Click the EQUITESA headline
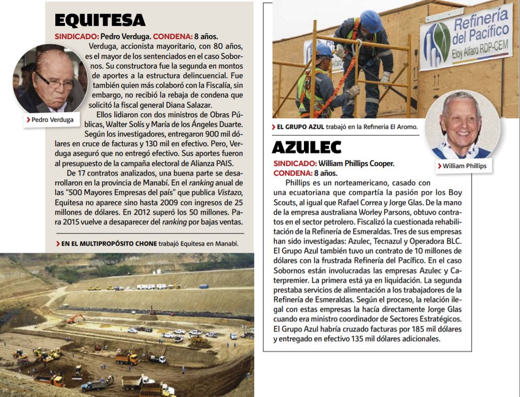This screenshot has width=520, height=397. pyautogui.click(x=99, y=20)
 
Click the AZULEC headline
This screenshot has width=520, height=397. pyautogui.click(x=306, y=147)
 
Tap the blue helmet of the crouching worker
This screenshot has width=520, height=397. pyautogui.click(x=324, y=50)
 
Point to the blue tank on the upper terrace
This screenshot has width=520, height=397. pyautogui.click(x=203, y=286)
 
